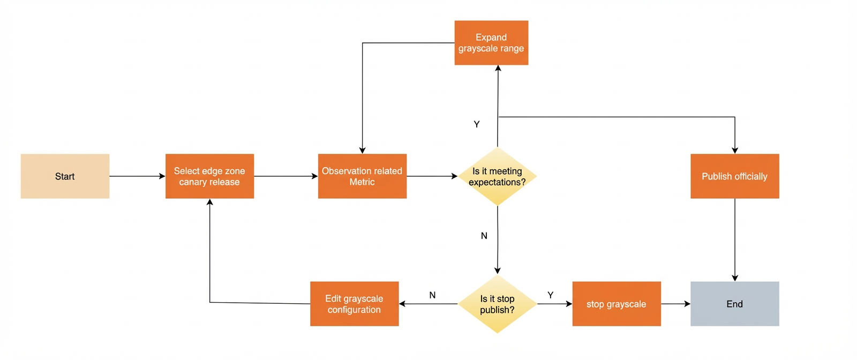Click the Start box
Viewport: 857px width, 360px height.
[65, 176]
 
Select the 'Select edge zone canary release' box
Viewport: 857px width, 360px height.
[209, 176]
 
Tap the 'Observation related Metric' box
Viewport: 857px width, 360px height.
[362, 176]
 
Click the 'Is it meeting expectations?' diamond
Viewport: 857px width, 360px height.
[498, 176]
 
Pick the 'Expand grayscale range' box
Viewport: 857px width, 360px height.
[491, 43]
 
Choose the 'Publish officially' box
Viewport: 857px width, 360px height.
[734, 176]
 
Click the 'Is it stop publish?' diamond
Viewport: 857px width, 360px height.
[498, 304]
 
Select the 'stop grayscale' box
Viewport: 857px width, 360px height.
[617, 304]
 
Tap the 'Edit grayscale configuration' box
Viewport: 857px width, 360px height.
[354, 304]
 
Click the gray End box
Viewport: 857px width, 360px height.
[734, 304]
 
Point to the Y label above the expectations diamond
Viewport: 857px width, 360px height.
[477, 124]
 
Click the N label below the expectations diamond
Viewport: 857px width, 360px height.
[484, 236]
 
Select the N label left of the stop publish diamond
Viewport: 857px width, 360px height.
[432, 295]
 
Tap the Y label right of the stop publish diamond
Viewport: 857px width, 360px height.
[551, 295]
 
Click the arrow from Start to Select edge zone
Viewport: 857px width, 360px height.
[137, 176]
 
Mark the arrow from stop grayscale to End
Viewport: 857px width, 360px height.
[675, 304]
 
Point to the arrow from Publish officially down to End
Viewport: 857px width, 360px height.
[734, 240]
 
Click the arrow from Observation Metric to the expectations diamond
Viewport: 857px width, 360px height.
[432, 176]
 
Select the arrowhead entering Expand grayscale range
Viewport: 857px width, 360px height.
[498, 68]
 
